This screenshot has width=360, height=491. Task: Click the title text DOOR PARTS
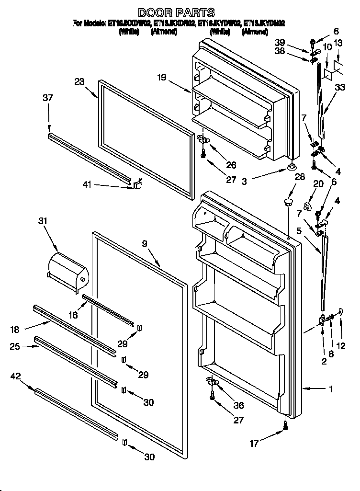(x=176, y=12)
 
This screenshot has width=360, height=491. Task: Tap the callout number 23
(x=79, y=81)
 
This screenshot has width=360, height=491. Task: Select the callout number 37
(x=48, y=98)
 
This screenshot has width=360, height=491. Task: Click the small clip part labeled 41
(x=137, y=183)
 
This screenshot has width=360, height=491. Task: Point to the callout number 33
(x=339, y=88)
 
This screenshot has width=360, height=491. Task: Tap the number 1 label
(x=330, y=389)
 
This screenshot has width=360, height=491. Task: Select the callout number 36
(x=238, y=406)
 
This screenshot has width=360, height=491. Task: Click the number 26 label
(x=231, y=165)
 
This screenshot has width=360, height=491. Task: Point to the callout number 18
(x=15, y=329)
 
